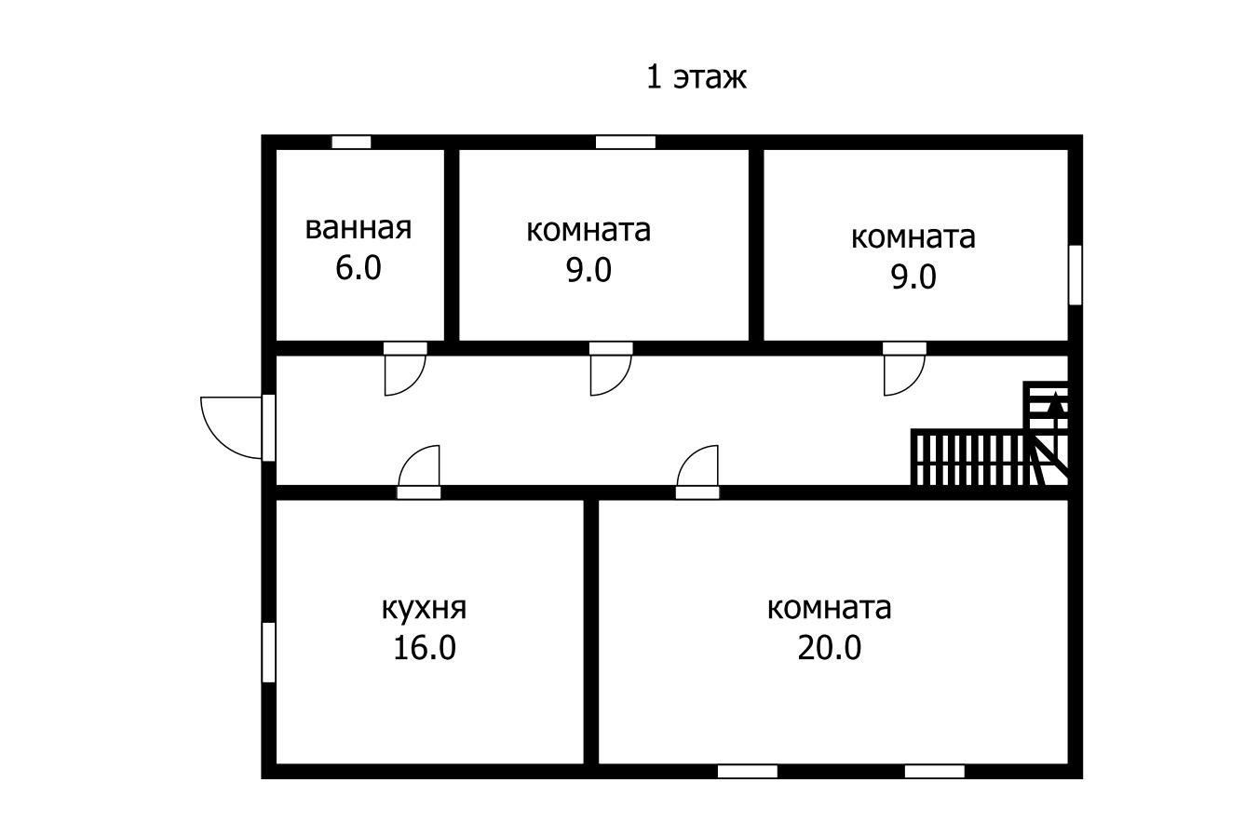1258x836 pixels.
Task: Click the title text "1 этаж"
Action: (696, 76)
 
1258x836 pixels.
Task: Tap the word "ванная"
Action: (358, 228)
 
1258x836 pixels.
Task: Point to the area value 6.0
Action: (358, 269)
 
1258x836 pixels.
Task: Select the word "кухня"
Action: (424, 608)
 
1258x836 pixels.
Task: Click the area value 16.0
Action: (424, 648)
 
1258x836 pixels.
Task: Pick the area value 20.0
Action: (829, 648)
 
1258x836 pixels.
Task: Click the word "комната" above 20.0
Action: (829, 608)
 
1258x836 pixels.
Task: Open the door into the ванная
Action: (405, 372)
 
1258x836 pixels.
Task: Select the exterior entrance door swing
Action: (232, 426)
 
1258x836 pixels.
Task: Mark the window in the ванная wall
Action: (351, 142)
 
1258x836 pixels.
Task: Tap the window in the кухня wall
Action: (268, 652)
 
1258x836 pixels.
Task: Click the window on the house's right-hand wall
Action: (1075, 275)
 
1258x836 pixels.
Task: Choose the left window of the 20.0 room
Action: (747, 771)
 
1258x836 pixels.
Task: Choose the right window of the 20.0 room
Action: (934, 771)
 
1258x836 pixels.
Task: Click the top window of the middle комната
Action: (625, 142)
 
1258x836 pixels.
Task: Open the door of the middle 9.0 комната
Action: (610, 372)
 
